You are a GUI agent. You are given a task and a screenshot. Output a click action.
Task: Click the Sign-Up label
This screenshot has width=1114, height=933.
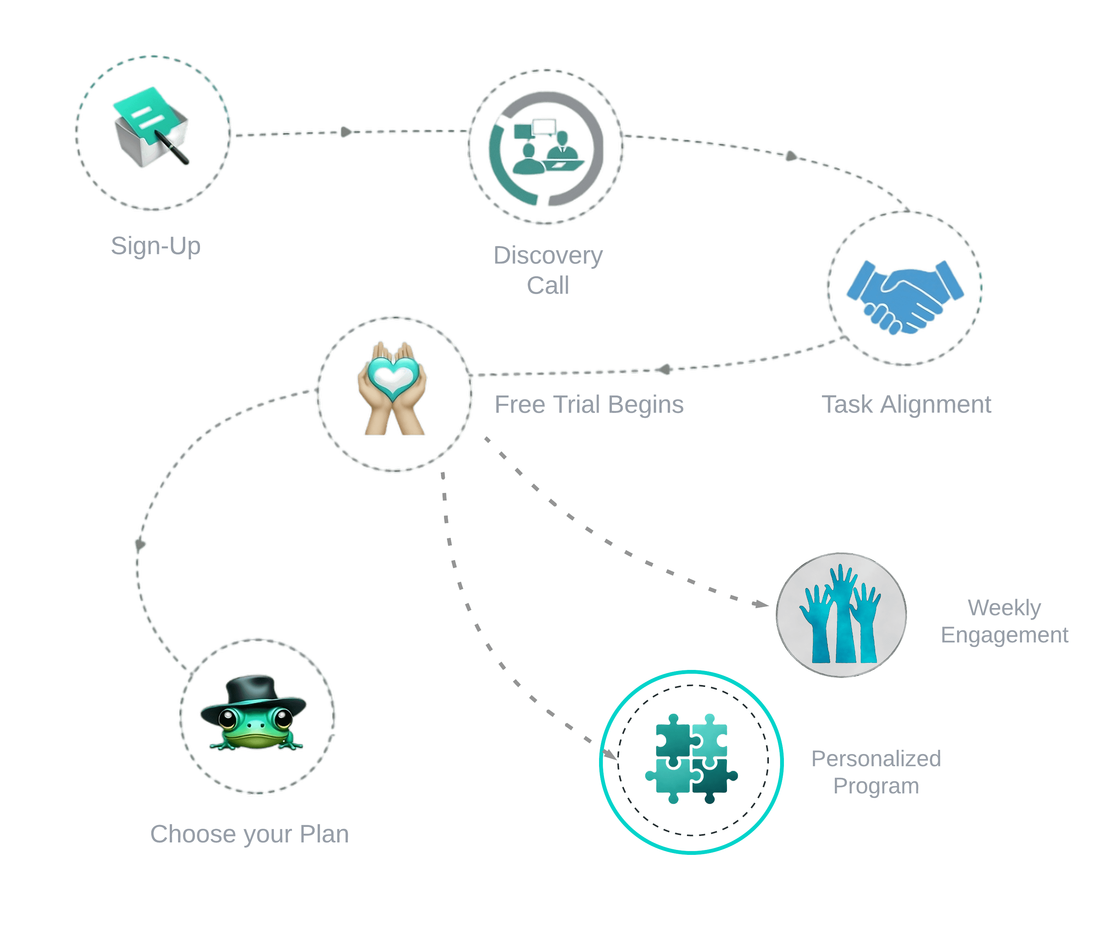coord(155,246)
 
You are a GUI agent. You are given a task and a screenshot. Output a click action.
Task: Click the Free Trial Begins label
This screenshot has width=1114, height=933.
coord(589,404)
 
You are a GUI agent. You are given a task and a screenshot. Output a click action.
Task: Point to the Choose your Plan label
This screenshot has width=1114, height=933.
coord(249,834)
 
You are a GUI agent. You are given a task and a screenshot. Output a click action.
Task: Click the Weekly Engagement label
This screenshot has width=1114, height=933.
coord(1004,621)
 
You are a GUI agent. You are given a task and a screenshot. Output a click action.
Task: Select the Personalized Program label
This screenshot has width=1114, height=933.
coord(876,772)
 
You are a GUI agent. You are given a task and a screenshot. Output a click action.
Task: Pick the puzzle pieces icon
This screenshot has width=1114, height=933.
coord(691,759)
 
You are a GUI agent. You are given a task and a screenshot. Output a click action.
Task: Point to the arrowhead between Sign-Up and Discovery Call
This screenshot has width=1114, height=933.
coord(346,132)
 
